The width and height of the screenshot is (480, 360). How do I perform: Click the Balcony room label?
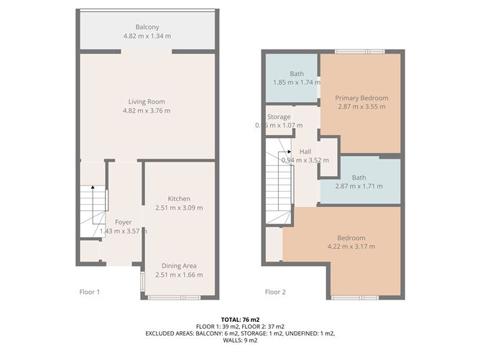click(x=147, y=26)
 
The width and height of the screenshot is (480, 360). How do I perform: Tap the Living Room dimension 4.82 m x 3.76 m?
click(x=147, y=111)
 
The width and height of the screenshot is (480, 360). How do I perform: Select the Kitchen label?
click(x=179, y=198)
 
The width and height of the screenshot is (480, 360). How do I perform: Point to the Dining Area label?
click(x=179, y=265)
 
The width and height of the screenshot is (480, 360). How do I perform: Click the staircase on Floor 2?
click(x=279, y=180)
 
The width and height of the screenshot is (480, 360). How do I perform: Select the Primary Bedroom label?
click(x=361, y=98)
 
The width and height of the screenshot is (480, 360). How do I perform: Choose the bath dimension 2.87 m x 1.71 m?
click(x=360, y=186)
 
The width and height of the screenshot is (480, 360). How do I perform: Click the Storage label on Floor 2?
click(x=279, y=116)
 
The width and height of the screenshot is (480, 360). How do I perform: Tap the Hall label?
click(x=305, y=152)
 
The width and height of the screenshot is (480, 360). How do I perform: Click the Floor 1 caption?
click(x=89, y=292)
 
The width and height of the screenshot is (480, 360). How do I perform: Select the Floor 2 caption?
click(x=275, y=292)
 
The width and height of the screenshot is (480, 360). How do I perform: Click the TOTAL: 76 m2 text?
click(x=240, y=318)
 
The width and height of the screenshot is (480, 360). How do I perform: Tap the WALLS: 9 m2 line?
click(x=240, y=341)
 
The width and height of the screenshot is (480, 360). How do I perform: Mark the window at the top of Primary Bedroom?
click(x=360, y=51)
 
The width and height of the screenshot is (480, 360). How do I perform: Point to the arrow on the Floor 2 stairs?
click(x=288, y=152)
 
